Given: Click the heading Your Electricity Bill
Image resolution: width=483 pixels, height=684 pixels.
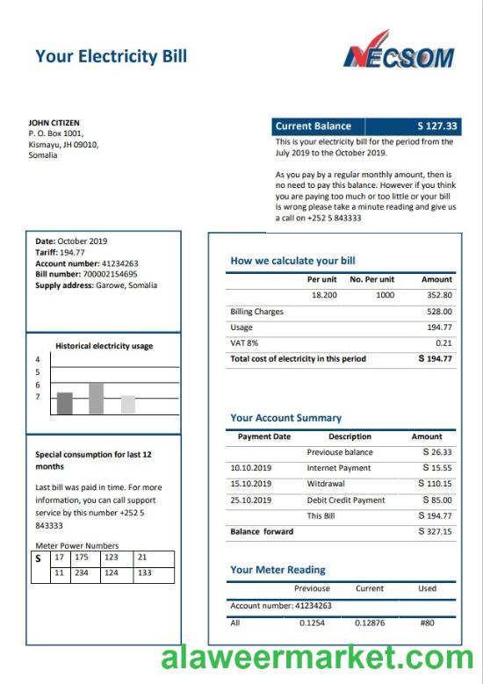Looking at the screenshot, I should click(111, 57).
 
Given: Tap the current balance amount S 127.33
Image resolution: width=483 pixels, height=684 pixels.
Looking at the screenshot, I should click(437, 126).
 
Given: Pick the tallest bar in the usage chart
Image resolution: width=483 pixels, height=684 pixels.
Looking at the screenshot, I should click(96, 398).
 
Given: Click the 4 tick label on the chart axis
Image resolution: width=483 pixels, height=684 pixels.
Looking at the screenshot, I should click(38, 360).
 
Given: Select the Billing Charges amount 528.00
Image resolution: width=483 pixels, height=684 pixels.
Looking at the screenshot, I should click(439, 312).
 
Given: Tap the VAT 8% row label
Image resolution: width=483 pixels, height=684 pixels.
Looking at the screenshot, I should click(243, 343).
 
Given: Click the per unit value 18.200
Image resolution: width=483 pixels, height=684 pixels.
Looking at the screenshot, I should click(324, 296).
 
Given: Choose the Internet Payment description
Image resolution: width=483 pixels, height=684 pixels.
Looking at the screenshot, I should click(339, 468).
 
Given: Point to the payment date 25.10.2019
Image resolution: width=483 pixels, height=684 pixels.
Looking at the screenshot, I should click(251, 500).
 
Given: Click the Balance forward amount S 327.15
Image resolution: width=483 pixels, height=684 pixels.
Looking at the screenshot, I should click(436, 532).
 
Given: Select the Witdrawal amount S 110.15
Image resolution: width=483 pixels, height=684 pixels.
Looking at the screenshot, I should click(436, 484).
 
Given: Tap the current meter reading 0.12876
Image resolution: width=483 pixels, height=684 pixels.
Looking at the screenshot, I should click(369, 623).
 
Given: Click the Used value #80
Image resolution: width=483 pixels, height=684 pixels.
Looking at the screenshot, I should click(427, 623).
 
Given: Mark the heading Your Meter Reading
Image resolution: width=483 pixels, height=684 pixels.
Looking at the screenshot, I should click(278, 570).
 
